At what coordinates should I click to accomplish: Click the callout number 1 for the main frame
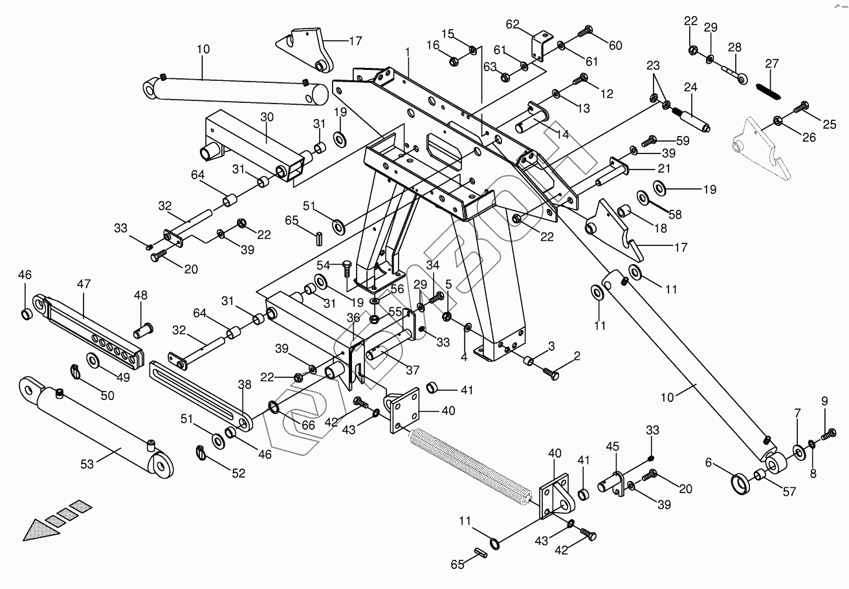click(x=408, y=51)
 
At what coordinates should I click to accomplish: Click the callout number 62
click(x=513, y=25)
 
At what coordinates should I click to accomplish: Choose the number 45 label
click(x=612, y=447)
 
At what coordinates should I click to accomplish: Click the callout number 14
click(x=563, y=135)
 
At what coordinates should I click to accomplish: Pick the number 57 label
click(x=789, y=493)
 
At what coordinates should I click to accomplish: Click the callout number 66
click(x=308, y=425)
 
